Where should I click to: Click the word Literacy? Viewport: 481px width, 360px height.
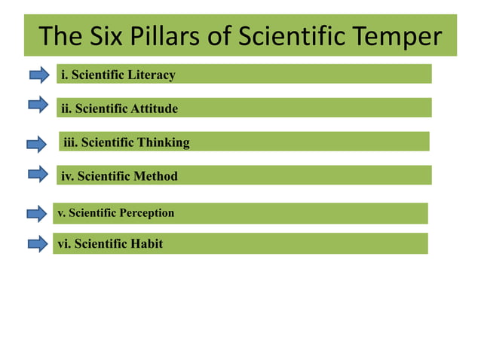152,75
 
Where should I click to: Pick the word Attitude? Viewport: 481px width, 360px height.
155,108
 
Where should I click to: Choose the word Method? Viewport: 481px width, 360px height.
155,176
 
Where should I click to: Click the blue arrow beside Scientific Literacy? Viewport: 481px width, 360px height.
39,74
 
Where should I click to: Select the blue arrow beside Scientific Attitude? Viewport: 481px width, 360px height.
38,104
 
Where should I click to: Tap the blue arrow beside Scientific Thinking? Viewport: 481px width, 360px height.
37,143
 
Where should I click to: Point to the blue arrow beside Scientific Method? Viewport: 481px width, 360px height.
38,175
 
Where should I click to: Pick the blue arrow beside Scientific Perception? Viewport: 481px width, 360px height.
37,214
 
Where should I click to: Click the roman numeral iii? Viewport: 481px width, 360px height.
70,142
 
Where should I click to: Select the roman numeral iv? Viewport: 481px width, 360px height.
67,176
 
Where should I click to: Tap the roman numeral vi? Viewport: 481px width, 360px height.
63,244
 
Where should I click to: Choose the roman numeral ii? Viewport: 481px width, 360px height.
66,108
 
